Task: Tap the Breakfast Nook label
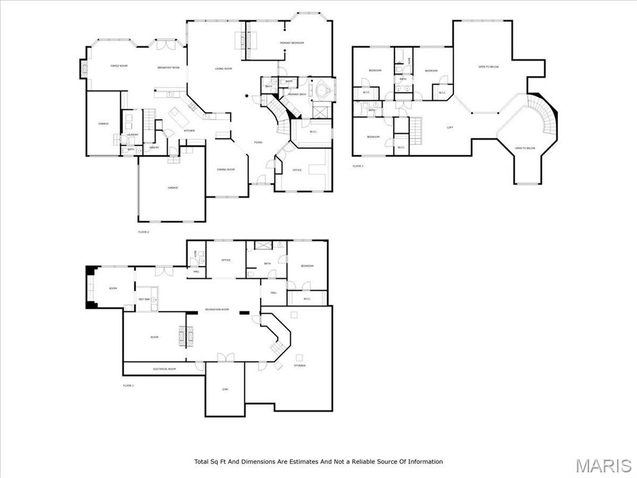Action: coord(169,67)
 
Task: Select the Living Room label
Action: coord(223,68)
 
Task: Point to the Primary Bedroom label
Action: coord(292,42)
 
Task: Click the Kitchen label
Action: coord(189,131)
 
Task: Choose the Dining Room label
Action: coord(225,169)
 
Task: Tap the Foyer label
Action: coord(258,143)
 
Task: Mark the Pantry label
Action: coord(154,148)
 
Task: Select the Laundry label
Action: coord(132,134)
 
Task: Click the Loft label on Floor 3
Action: coord(450,128)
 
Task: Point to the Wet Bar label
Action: coord(144,299)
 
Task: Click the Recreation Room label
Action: coord(217,309)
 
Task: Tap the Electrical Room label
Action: coord(164,369)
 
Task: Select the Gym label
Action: coord(225,390)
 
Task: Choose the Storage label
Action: coord(300,366)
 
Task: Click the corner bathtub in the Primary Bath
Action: coord(322,90)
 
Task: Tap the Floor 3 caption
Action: coord(358,166)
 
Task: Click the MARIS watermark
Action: coord(603,466)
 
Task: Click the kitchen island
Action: coord(180,116)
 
